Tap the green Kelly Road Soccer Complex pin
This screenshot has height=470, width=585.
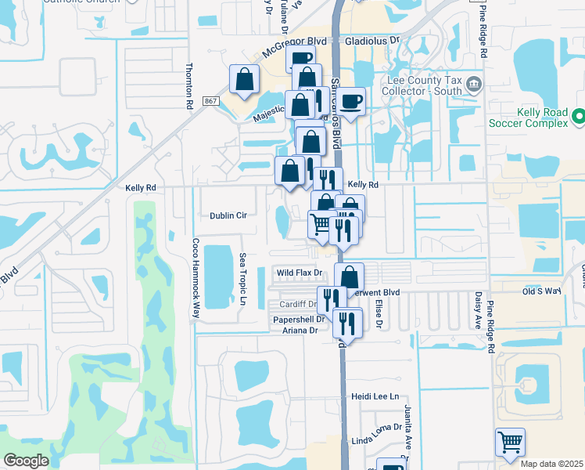[x=578, y=116]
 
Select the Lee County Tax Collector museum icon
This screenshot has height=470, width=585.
[x=473, y=84]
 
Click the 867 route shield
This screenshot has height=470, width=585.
[x=210, y=101]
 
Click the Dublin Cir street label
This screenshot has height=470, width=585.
[x=228, y=215]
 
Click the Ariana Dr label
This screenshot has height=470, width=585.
[x=300, y=331]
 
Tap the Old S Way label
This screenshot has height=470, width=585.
[x=542, y=291]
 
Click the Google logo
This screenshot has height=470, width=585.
[x=26, y=461]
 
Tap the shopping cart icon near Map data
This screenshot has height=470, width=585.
[x=510, y=443]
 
